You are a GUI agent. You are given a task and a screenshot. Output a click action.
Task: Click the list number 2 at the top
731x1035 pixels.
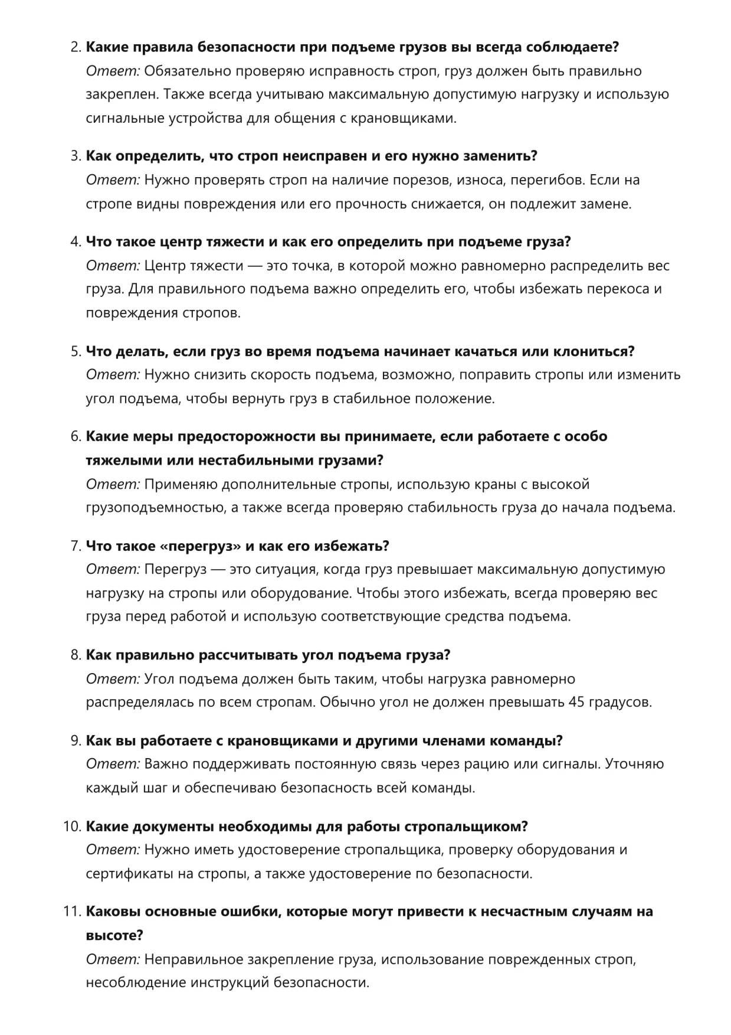74,47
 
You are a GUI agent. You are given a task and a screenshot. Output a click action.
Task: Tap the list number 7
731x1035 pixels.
74,546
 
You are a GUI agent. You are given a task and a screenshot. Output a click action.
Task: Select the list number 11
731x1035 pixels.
71,912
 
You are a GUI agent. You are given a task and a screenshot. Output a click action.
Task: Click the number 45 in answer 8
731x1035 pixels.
576,703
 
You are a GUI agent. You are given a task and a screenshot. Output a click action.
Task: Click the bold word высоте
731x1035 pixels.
113,936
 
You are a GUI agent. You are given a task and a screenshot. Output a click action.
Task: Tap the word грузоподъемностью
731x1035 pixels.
154,508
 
